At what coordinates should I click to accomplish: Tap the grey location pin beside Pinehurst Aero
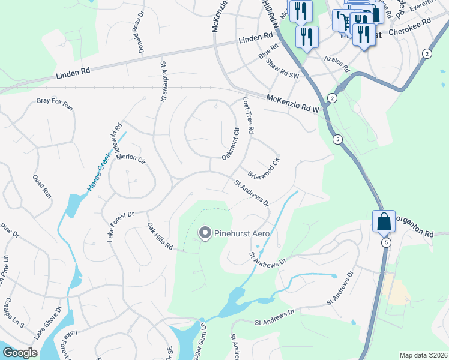pos(205,233)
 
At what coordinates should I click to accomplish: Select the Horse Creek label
pos(100,172)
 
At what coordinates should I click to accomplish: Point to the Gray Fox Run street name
pos(54,104)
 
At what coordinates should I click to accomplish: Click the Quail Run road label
pos(41,185)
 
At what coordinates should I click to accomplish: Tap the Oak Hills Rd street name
pos(160,237)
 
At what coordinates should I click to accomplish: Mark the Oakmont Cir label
pos(231,144)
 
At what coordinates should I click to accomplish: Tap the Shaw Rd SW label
pos(282,68)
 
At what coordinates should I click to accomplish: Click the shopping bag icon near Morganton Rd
pos(384,221)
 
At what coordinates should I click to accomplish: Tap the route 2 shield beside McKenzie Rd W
pos(331,98)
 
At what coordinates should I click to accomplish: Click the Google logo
pos(20,353)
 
